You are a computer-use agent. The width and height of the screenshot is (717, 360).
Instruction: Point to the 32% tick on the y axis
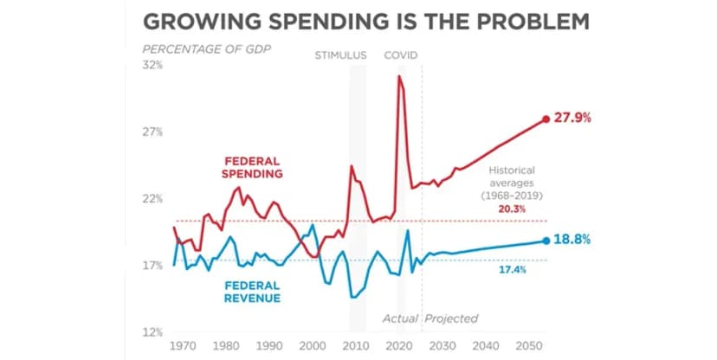point(152,65)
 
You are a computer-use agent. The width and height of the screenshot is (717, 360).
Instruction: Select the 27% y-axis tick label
point(152,132)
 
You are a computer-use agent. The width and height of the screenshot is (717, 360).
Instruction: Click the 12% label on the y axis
point(152,332)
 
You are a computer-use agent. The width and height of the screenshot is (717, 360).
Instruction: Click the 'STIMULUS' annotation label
point(340,55)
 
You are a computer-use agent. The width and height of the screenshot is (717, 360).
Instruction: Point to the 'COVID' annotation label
point(402,55)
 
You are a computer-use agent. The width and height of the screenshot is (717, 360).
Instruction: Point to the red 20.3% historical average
point(514,209)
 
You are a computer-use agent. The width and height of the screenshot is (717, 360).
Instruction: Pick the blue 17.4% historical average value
point(514,270)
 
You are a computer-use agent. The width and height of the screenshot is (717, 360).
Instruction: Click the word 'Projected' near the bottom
point(451,318)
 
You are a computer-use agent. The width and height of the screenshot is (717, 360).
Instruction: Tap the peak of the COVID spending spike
point(399,76)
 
